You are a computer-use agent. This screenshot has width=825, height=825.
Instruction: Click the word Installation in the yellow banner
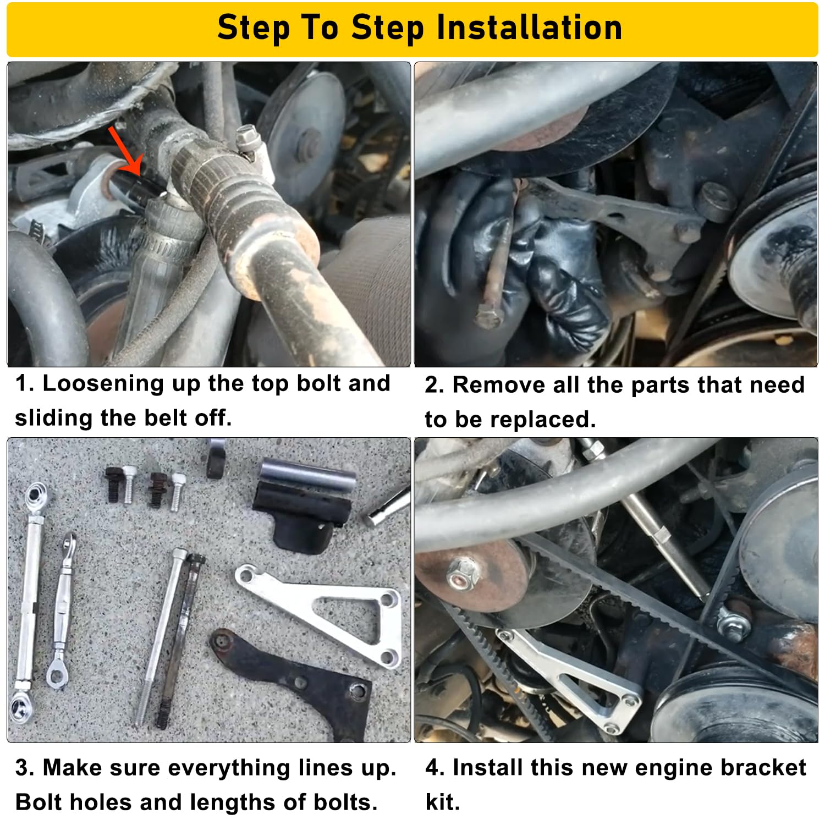click(529, 28)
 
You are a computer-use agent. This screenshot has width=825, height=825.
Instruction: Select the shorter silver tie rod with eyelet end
click(62, 610)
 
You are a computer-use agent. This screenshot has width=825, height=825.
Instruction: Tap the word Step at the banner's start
click(252, 28)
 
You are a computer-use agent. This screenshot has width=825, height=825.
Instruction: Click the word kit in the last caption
click(442, 802)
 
